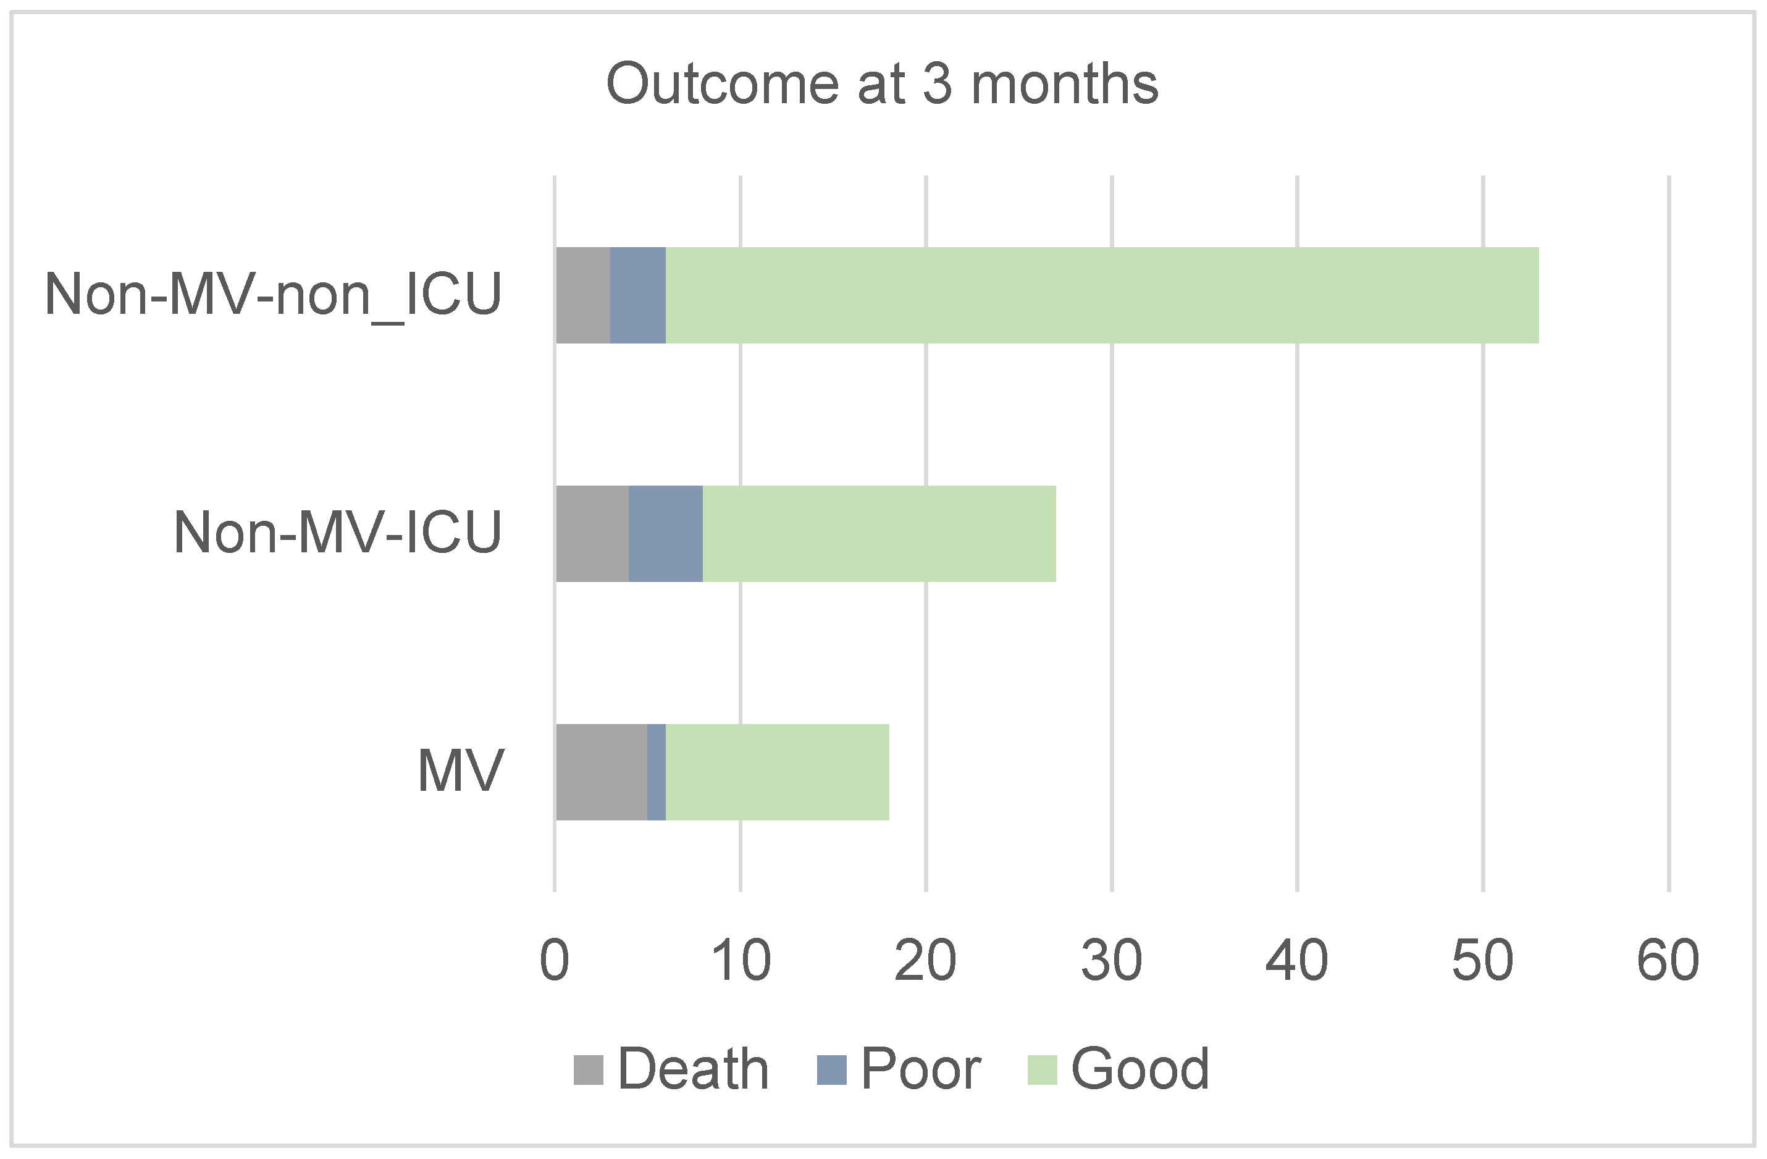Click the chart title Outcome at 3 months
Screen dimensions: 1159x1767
pyautogui.click(x=882, y=84)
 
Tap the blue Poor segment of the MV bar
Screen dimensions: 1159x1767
pyautogui.click(x=657, y=772)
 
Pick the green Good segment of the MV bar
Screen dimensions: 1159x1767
pyautogui.click(x=778, y=772)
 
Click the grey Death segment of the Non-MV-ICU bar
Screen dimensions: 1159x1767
pyautogui.click(x=592, y=534)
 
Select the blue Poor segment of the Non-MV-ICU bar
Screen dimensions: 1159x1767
pyautogui.click(x=665, y=534)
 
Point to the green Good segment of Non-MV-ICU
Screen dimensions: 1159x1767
pyautogui.click(x=879, y=534)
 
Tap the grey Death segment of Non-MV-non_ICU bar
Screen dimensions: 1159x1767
pyautogui.click(x=583, y=295)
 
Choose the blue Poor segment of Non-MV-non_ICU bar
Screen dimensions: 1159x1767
pyautogui.click(x=638, y=295)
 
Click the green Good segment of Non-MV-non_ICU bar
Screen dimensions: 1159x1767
pyautogui.click(x=1102, y=295)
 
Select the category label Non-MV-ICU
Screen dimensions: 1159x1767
pyautogui.click(x=338, y=533)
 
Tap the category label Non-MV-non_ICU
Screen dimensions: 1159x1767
pyautogui.click(x=273, y=295)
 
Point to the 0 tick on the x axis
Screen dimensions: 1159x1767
pyautogui.click(x=554, y=961)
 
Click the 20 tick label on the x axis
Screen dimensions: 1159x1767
pyautogui.click(x=925, y=961)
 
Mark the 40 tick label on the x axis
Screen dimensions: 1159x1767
pyautogui.click(x=1296, y=961)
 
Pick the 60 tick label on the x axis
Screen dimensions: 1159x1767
pyautogui.click(x=1668, y=961)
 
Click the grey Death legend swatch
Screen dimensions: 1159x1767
pyautogui.click(x=588, y=1070)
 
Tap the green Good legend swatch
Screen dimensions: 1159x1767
pyautogui.click(x=1042, y=1070)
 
